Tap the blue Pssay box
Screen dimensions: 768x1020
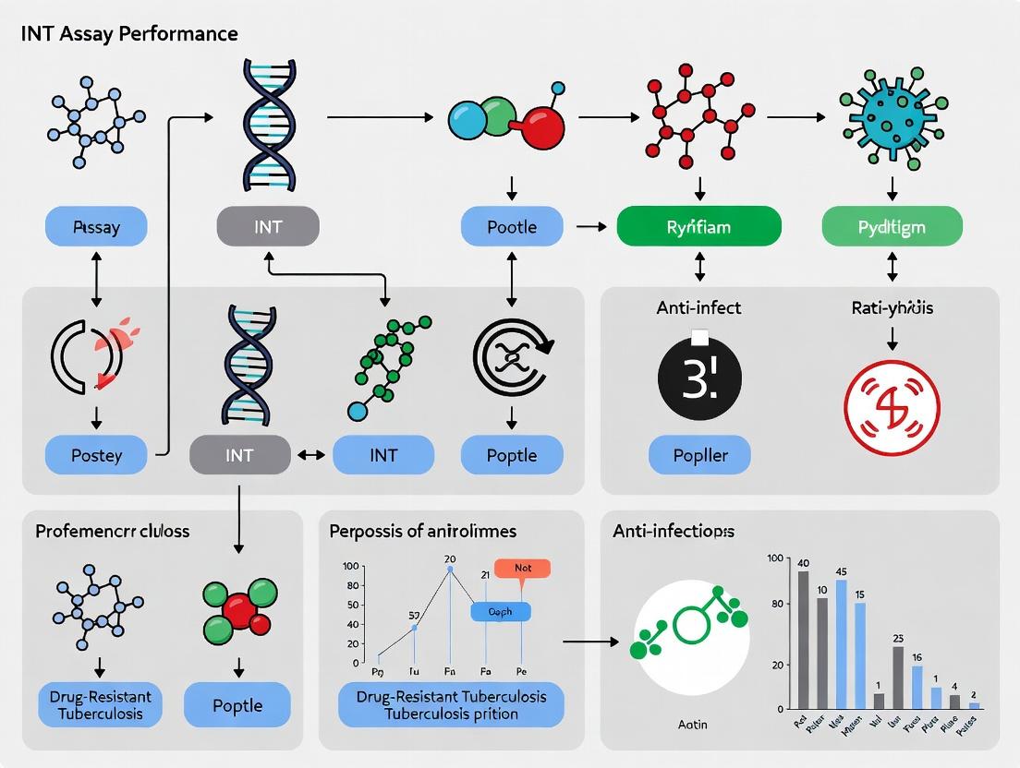tap(96, 226)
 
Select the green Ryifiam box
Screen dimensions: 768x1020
tap(698, 226)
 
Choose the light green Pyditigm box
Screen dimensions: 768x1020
tap(892, 226)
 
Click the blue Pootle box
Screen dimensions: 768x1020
tap(511, 226)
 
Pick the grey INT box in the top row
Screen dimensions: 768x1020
tap(267, 226)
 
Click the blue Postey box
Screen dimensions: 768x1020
tap(96, 455)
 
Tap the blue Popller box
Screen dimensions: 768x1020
tap(699, 455)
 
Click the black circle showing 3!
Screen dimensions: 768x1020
tap(699, 379)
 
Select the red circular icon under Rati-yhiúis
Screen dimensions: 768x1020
tap(892, 406)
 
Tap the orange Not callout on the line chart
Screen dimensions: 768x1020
tap(522, 569)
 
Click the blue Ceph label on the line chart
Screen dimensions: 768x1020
tap(500, 611)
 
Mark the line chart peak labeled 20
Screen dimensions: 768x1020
tap(450, 570)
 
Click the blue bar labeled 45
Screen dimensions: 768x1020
tap(841, 644)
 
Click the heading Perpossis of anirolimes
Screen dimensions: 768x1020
tap(422, 531)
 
